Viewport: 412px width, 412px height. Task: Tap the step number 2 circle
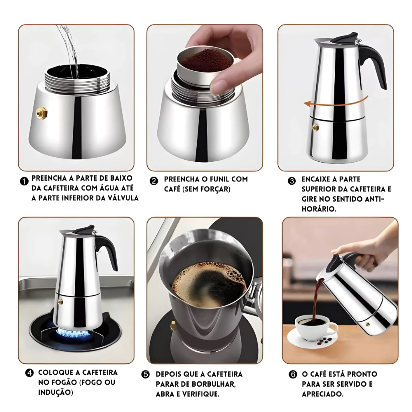[x=154, y=181]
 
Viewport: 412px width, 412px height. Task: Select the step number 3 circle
[x=292, y=181]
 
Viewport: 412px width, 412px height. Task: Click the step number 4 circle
[x=29, y=373]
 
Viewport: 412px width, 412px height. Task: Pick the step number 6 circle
[x=293, y=375]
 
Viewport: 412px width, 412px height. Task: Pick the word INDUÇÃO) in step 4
[x=56, y=392]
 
